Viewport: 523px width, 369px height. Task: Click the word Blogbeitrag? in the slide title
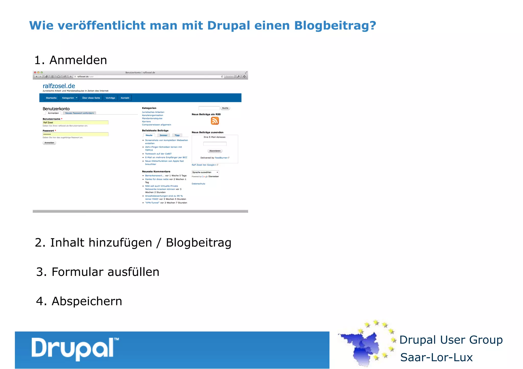(x=335, y=26)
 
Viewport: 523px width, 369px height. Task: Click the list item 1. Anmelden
(x=70, y=60)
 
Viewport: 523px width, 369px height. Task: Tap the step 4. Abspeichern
(x=79, y=301)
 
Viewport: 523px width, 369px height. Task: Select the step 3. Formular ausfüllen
(x=98, y=272)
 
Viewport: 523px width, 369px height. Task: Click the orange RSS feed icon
(x=215, y=121)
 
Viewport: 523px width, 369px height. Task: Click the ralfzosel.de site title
(x=59, y=86)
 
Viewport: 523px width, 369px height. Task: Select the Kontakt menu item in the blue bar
(x=125, y=98)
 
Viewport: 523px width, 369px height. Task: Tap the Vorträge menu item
(x=110, y=98)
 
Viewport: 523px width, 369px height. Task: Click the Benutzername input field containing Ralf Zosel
(x=75, y=123)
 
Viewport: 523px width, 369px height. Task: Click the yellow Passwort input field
(x=75, y=134)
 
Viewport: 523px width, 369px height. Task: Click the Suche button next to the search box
(x=225, y=108)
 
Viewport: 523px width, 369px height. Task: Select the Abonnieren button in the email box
(x=215, y=151)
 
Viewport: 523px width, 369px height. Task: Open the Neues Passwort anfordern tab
(x=79, y=113)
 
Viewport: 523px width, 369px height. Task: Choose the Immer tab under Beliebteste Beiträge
(x=163, y=135)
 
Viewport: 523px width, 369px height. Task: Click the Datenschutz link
(x=198, y=184)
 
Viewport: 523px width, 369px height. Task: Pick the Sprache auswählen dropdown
(x=205, y=172)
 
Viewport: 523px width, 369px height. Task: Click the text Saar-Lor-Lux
(x=436, y=358)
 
